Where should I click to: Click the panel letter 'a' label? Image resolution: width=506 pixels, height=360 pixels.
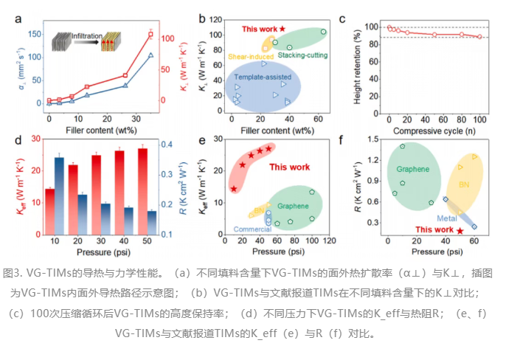(18, 19)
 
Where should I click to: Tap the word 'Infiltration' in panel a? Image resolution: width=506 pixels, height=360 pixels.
(86, 36)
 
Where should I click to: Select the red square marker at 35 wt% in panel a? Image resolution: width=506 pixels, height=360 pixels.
(150, 34)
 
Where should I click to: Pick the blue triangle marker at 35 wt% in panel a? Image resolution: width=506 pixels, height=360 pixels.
(150, 55)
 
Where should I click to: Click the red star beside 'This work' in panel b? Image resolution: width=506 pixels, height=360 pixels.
(283, 29)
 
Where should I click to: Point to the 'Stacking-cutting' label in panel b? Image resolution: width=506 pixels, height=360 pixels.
(302, 55)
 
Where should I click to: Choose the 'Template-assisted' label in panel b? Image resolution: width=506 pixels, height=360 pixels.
(263, 77)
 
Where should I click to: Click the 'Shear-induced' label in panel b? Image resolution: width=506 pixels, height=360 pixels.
(251, 57)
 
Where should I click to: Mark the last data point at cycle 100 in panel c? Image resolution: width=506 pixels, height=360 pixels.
(479, 37)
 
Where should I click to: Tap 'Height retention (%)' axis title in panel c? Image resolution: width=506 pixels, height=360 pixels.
(357, 67)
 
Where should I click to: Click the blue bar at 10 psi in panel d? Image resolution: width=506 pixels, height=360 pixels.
(59, 196)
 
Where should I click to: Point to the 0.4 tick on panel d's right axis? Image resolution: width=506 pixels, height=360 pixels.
(167, 145)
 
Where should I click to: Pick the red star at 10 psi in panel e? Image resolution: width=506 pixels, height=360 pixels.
(234, 189)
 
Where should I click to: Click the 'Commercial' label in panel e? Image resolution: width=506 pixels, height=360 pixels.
(252, 229)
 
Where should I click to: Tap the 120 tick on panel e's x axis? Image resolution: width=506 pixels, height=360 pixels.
(330, 241)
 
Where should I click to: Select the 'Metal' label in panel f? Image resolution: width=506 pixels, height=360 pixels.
(447, 218)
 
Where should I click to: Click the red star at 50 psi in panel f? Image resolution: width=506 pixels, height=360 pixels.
(460, 231)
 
